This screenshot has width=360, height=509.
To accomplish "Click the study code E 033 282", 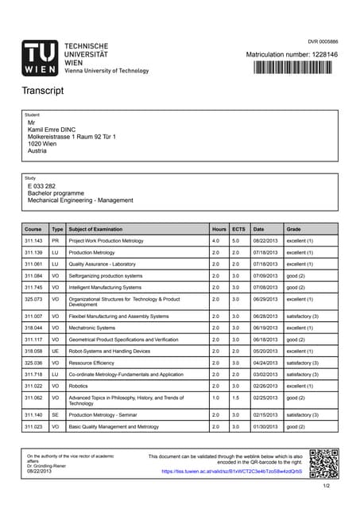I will click(41, 185).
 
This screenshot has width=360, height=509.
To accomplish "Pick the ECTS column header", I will click(238, 228).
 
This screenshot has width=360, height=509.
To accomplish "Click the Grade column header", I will click(294, 228).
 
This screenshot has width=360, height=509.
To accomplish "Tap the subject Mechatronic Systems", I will click(92, 328).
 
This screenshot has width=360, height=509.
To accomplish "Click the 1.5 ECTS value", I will click(236, 398).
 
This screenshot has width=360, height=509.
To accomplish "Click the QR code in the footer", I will click(323, 464).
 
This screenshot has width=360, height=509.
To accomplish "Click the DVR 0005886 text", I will click(323, 41).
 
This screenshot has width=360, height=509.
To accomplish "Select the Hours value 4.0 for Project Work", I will click(215, 240).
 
